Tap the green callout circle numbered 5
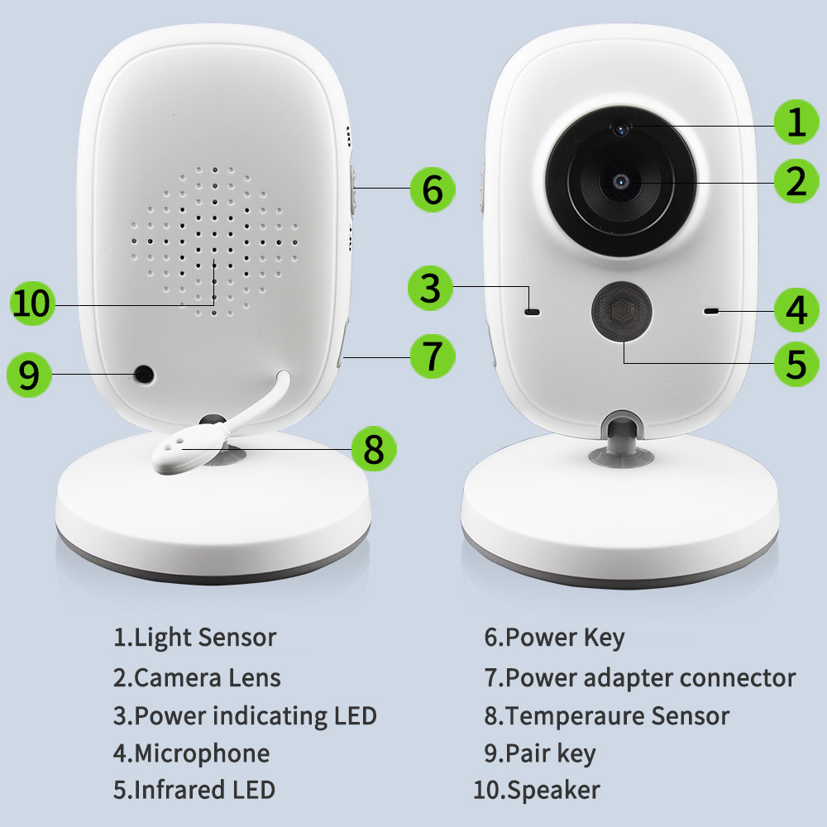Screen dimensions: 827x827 coord(796,363)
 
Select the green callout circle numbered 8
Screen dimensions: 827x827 coord(374,449)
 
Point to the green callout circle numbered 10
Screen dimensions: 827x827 coord(31,304)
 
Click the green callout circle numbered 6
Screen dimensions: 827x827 coord(433,189)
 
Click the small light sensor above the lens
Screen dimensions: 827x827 coord(621,127)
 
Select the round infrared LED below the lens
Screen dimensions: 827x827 coord(621,312)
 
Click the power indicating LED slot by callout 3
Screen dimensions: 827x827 coord(532,313)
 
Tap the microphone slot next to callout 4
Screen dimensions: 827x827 coord(710,311)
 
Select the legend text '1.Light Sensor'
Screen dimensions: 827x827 coord(194,638)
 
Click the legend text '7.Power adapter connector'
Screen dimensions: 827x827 coord(640,678)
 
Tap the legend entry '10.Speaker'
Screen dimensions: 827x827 coord(537,790)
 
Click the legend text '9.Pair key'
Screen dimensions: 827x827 coord(539,753)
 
